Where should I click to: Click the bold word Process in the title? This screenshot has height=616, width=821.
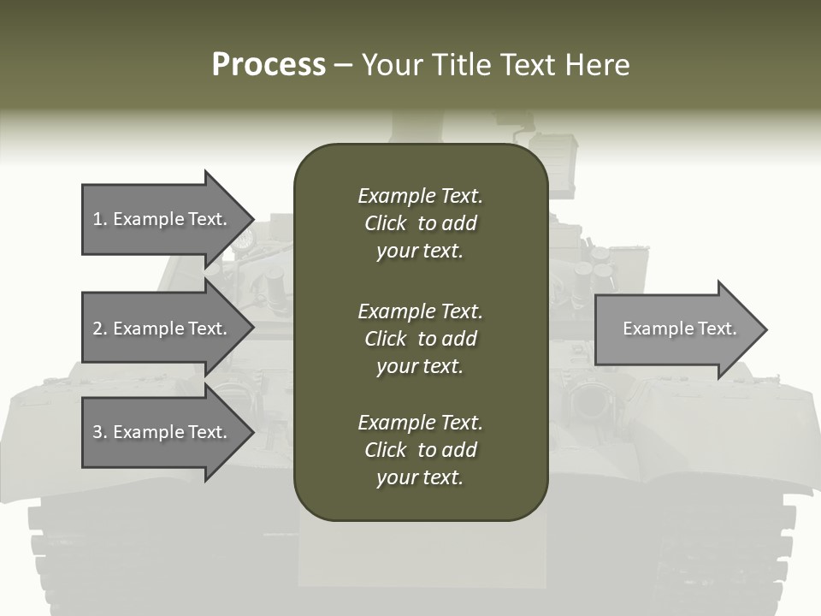(269, 65)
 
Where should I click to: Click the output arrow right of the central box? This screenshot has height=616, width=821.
(676, 329)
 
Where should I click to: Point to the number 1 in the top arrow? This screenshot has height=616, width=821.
(97, 219)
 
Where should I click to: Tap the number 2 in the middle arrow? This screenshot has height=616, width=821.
(97, 329)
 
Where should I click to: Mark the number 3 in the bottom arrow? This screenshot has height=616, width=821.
(97, 432)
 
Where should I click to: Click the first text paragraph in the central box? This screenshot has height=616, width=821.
(420, 223)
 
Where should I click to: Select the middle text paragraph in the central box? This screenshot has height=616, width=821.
(420, 339)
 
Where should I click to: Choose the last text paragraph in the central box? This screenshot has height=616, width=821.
(420, 450)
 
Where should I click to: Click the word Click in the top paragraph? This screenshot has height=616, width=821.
(385, 223)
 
